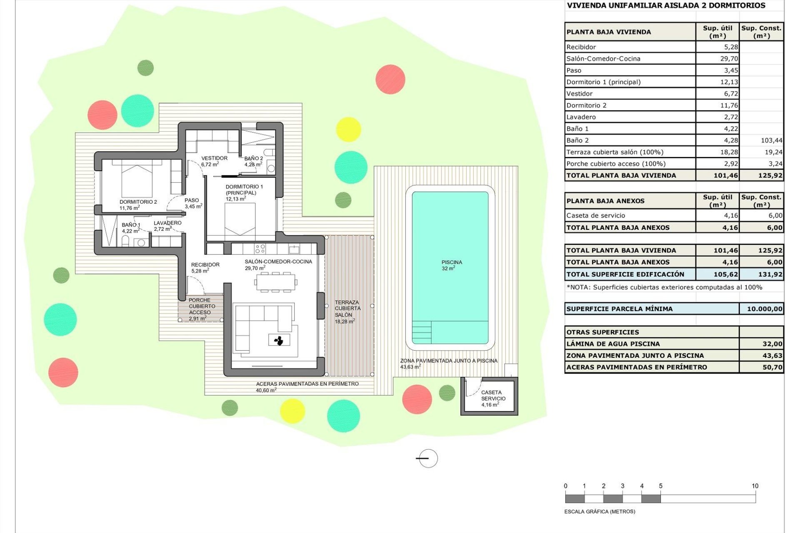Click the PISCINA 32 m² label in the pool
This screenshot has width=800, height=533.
pyautogui.click(x=452, y=265)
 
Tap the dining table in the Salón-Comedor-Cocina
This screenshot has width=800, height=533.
pyautogui.click(x=275, y=282)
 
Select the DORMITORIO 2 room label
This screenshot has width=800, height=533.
pyautogui.click(x=138, y=204)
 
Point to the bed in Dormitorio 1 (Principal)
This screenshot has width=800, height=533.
pyautogui.click(x=240, y=219)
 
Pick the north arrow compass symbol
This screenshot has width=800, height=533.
pyautogui.click(x=427, y=458)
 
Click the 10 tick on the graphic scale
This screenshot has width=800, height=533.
pyautogui.click(x=755, y=486)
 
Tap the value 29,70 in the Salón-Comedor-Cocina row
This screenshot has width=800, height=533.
pyautogui.click(x=729, y=59)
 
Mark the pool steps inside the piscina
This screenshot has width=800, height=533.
pyautogui.click(x=422, y=332)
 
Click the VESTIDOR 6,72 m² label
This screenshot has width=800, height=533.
pyautogui.click(x=214, y=161)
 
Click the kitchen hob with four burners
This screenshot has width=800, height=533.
pyautogui.click(x=260, y=249)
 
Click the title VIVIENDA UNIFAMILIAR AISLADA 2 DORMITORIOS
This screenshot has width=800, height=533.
pyautogui.click(x=666, y=5)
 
